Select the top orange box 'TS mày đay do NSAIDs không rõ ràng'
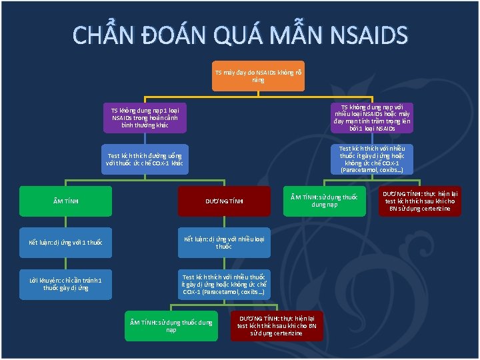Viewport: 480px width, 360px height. click(x=258, y=75)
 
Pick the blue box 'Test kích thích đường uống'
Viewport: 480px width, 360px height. click(x=145, y=159)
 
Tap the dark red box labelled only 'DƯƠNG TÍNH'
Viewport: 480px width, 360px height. click(x=224, y=201)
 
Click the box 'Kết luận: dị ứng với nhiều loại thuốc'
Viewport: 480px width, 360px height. click(x=224, y=242)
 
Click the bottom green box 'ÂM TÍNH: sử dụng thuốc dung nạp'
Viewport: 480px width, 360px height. click(x=171, y=325)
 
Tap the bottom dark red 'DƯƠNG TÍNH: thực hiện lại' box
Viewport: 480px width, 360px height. click(x=277, y=325)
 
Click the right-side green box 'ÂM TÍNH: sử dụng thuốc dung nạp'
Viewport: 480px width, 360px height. click(x=325, y=201)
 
